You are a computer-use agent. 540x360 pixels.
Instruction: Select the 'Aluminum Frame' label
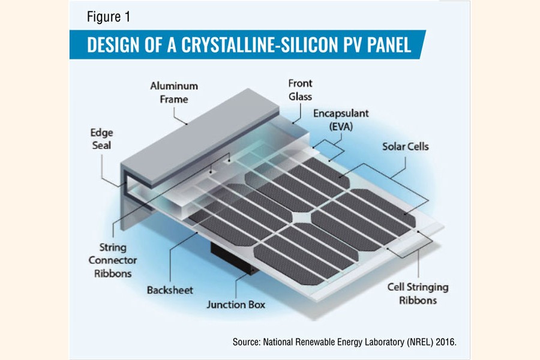173,92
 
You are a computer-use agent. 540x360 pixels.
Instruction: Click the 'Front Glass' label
300,90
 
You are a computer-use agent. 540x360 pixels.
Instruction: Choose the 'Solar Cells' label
406,146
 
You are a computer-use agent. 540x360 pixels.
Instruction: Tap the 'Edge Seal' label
101,139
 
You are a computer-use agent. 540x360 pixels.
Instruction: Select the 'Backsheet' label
170,290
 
